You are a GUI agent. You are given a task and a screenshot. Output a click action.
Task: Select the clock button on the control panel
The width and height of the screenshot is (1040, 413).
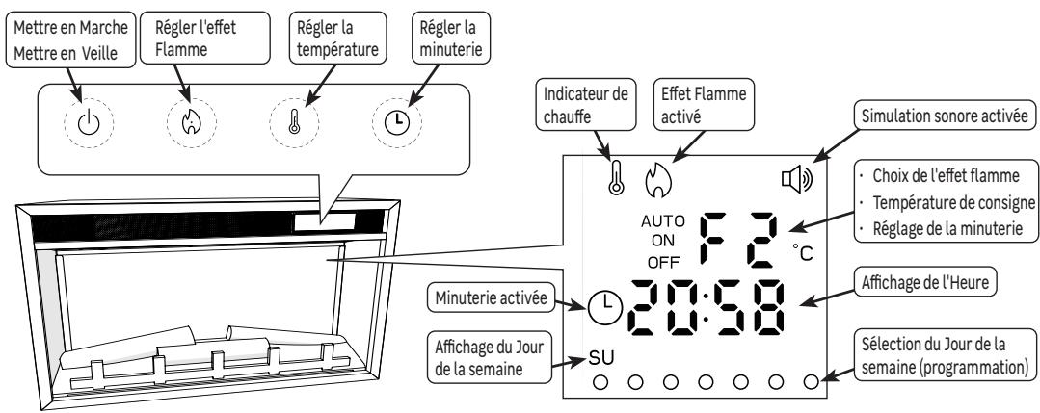tap(397, 125)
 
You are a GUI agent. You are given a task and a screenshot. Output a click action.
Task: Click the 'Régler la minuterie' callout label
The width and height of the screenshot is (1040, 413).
tap(417, 37)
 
